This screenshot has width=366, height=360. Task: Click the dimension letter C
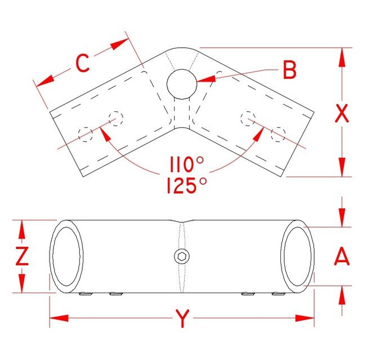83,63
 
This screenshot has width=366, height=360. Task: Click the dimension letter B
289,70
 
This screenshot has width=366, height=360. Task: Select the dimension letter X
342,113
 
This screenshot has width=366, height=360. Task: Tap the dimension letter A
342,256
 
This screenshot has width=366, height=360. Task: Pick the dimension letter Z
22,256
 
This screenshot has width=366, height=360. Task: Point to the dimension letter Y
182,318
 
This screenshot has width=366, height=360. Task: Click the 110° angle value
187,164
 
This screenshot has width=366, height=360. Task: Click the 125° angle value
187,186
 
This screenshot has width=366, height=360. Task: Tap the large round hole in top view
182,84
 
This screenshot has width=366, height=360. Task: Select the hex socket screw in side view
182,256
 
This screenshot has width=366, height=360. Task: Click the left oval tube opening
66,256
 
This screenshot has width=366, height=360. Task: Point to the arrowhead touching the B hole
206,79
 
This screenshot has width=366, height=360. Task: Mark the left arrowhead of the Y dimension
59,318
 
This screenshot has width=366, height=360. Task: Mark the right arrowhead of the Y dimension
305,318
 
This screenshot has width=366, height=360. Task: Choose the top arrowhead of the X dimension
342,57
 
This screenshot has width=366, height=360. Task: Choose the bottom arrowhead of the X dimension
342,167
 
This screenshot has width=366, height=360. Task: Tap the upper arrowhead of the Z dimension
22,229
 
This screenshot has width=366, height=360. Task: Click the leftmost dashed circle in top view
86,134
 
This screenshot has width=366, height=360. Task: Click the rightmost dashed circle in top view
278,134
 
